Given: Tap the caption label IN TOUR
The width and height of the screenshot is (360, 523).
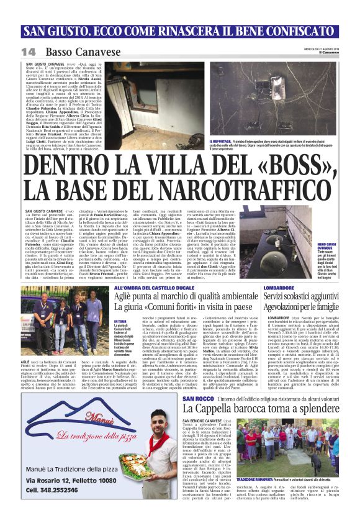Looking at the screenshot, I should click(x=120, y=322).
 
